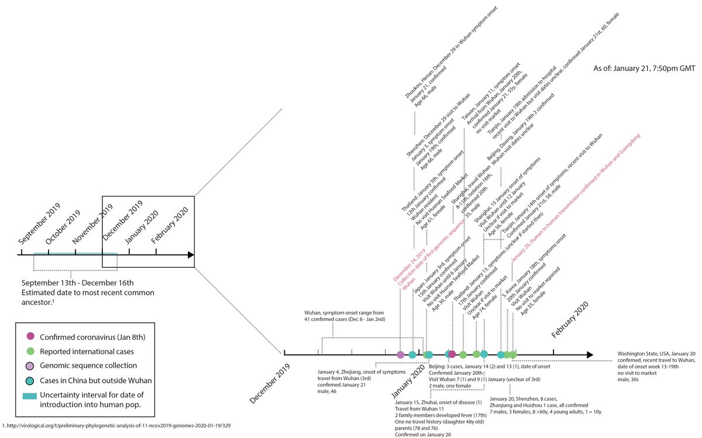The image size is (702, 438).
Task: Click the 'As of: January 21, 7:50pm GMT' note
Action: coord(642,67)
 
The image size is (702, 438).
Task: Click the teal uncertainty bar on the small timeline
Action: coord(75,254)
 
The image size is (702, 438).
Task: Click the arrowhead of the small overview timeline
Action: coord(190,255)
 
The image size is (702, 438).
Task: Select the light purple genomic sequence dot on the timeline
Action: coord(400,354)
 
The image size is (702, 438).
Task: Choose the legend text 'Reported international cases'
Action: coord(87,351)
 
